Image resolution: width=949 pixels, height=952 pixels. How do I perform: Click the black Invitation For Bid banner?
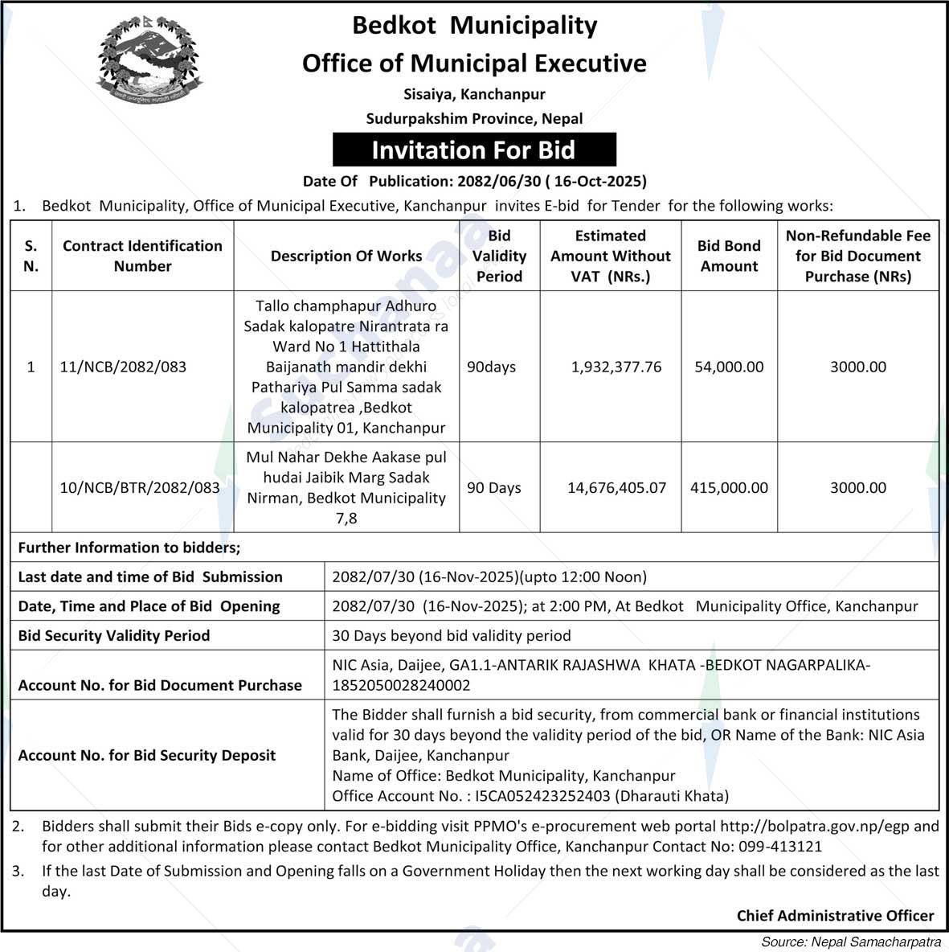point(474,150)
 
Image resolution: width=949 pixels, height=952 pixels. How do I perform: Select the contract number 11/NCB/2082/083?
point(123,367)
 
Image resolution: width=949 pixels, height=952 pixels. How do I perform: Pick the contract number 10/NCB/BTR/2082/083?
point(140,487)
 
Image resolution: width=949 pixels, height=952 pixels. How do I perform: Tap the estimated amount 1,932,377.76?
point(616,367)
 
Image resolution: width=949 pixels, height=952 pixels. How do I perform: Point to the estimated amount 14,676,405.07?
point(616,487)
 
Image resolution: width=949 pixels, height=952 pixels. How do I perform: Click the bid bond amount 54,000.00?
point(729,367)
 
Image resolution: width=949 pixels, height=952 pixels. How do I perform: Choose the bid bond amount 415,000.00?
point(729,487)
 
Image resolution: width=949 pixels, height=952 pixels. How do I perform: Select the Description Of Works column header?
point(346,256)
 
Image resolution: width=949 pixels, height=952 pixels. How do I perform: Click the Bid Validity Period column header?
point(499,256)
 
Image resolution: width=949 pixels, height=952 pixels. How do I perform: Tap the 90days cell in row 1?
point(491,367)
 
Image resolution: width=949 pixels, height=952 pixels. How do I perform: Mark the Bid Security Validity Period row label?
point(114,635)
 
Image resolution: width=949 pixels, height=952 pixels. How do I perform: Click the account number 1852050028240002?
point(401,685)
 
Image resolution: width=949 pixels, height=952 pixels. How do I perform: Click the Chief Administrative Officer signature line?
point(835,915)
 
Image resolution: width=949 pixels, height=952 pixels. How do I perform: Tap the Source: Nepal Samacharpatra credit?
point(851,942)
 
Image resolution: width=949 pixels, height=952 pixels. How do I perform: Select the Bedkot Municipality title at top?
point(474,25)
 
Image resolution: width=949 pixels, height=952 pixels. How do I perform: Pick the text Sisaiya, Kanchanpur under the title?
point(474,94)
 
